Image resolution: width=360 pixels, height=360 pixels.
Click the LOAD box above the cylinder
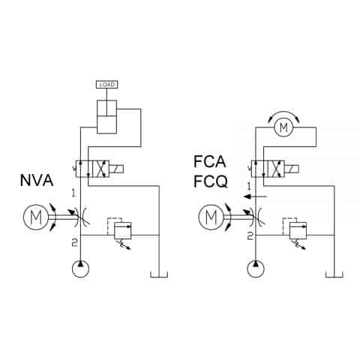tap(107, 84)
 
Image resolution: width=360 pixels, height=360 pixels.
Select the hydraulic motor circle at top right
tap(283, 128)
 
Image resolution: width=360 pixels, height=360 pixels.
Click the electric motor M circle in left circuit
tap(35, 218)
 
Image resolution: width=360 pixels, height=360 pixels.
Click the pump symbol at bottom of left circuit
tap(80, 268)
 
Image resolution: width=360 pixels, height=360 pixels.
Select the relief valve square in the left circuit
tap(122, 229)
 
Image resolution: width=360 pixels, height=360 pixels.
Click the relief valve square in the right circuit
tap(298, 229)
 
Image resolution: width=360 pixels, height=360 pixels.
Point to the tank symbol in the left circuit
tap(159, 273)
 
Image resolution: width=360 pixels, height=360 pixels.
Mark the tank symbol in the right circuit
tap(334, 273)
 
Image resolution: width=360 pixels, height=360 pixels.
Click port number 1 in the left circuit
tap(73, 193)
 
